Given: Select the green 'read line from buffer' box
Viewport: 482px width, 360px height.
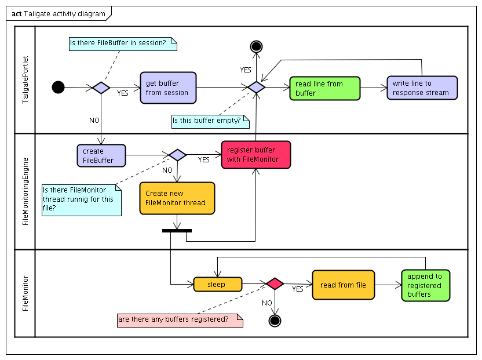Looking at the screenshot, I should click(324, 88).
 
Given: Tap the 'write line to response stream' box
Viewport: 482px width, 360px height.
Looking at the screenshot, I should click(422, 88).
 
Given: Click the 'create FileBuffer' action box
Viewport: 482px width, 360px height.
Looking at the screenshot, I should click(101, 155).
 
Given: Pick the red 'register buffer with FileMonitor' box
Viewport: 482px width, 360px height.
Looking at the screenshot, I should click(255, 155).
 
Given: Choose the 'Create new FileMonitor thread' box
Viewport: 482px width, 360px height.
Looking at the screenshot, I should click(177, 198).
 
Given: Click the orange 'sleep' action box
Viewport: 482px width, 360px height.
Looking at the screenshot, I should click(217, 284).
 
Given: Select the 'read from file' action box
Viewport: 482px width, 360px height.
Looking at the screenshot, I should click(343, 285).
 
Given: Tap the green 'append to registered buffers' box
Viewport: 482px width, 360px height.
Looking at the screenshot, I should click(426, 285).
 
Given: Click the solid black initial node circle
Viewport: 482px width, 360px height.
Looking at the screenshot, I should click(58, 88).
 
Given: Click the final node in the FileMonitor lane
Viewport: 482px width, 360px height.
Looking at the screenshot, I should click(275, 320).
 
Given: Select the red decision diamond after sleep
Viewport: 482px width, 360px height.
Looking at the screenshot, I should click(275, 284).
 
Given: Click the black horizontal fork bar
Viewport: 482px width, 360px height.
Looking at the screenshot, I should click(177, 231).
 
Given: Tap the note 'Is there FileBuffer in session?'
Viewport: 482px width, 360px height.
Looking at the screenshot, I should click(123, 43).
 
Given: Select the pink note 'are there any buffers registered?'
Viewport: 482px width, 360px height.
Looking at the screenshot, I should click(180, 320).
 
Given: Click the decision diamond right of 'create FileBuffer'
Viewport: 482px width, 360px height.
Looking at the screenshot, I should click(177, 155).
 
